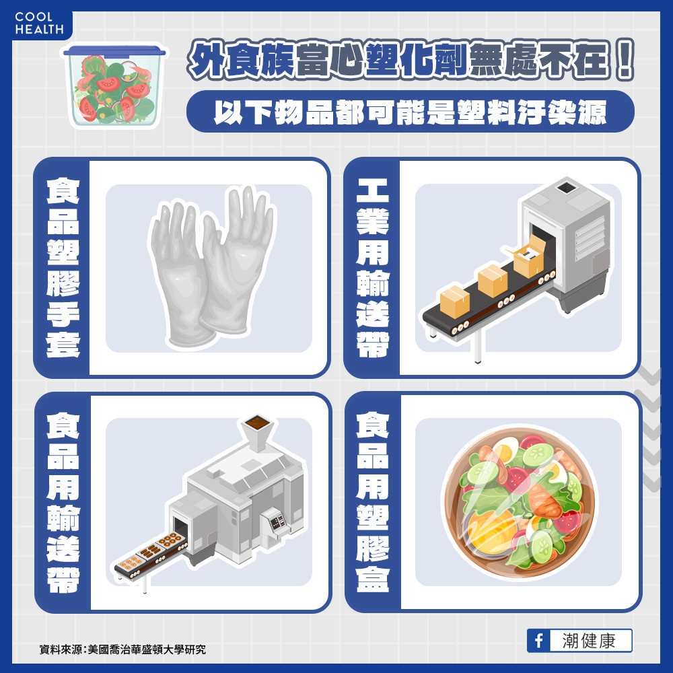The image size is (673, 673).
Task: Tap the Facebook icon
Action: tap(538, 641)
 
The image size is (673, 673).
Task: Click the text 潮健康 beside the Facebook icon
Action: tap(588, 641)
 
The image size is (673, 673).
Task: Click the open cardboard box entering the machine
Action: tap(529, 256)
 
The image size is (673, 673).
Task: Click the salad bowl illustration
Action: tap(518, 501)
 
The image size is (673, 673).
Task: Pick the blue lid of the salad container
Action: tap(112, 50)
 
